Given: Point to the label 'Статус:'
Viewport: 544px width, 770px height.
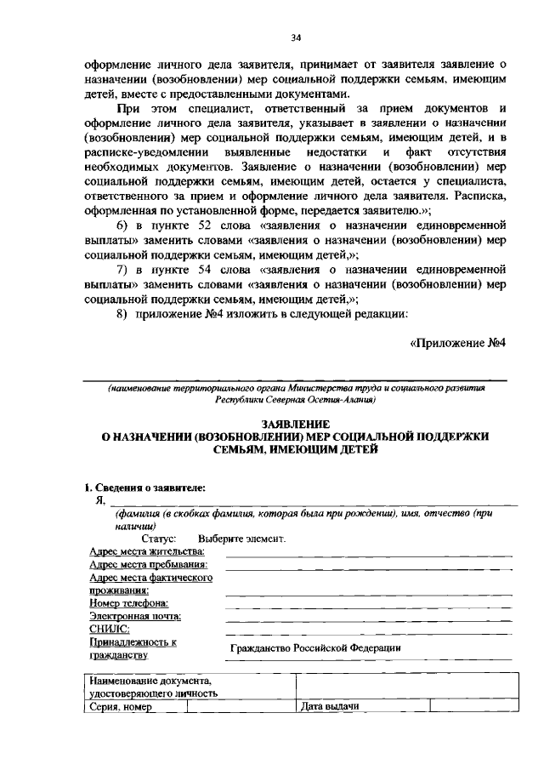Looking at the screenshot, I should click(159, 539).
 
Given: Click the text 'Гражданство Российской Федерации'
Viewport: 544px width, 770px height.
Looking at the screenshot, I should click(315, 648).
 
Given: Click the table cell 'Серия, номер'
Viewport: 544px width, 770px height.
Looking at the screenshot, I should click(120, 707).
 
